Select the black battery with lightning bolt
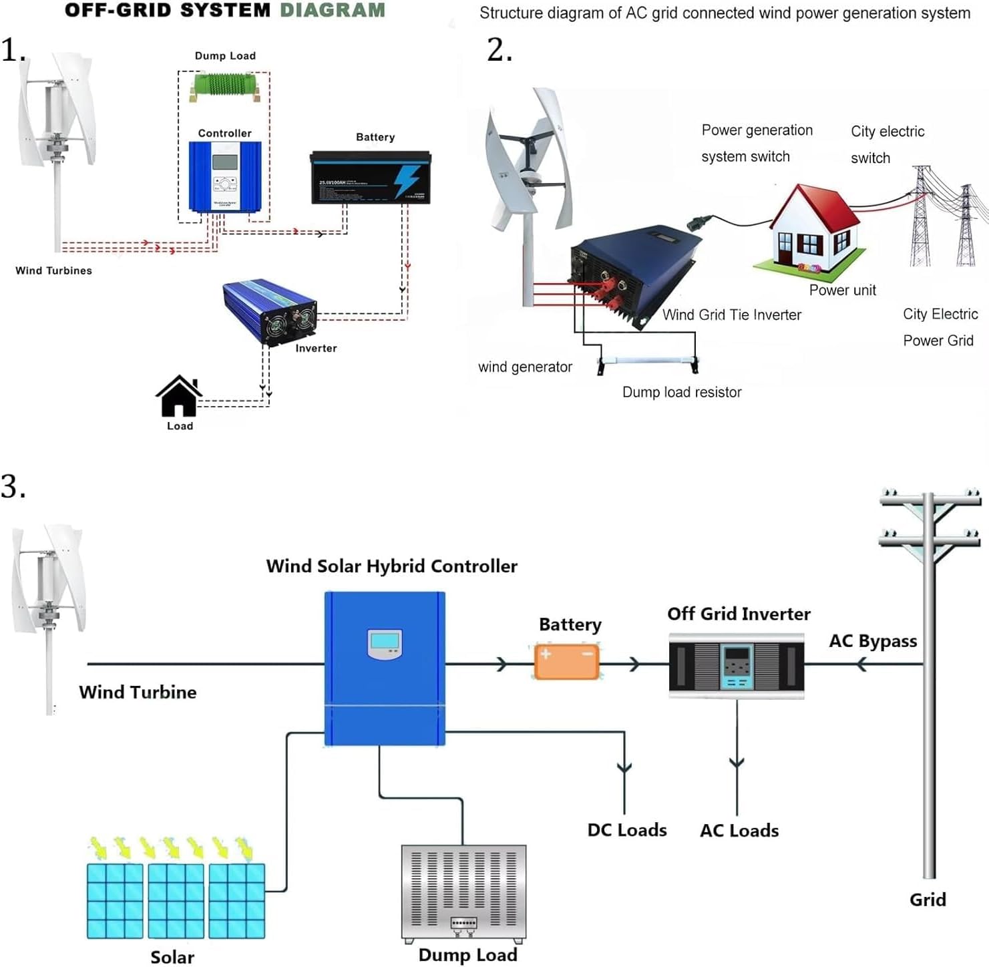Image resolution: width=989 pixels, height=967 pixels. click(x=371, y=178)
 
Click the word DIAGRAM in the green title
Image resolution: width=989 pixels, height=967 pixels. click(x=332, y=10)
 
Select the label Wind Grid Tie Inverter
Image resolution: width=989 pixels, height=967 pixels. click(x=731, y=315)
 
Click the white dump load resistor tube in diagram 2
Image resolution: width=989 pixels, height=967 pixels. click(x=647, y=361)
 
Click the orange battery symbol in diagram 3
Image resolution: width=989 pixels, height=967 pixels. click(x=567, y=661)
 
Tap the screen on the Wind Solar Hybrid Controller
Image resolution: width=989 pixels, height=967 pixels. click(x=385, y=642)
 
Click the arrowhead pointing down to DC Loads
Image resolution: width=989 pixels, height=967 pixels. click(x=624, y=768)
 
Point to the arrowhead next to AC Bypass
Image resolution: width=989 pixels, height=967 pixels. click(x=861, y=664)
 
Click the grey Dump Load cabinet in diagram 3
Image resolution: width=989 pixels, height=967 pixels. click(x=463, y=892)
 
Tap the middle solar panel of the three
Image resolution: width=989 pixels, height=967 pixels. click(x=176, y=900)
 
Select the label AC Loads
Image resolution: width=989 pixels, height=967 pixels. click(x=739, y=830)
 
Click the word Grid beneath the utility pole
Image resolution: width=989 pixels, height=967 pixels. click(x=928, y=900)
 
